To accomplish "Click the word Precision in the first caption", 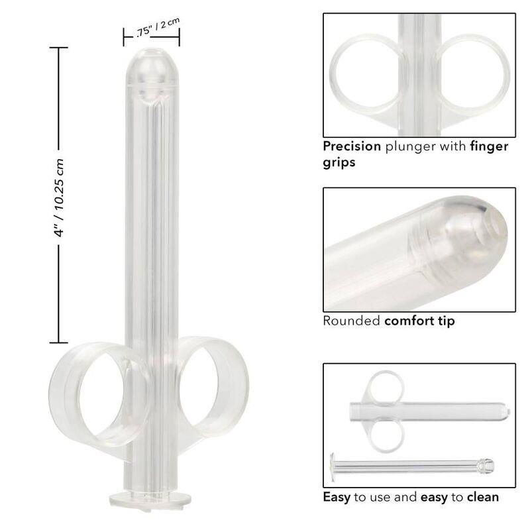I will click(x=352, y=146).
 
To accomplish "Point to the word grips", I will click(x=339, y=162).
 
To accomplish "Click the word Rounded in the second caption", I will click(x=351, y=321).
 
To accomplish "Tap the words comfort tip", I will click(x=419, y=321).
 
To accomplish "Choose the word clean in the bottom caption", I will click(x=483, y=496).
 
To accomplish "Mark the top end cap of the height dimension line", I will click(x=58, y=48).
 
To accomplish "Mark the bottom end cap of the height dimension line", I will click(x=58, y=342).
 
